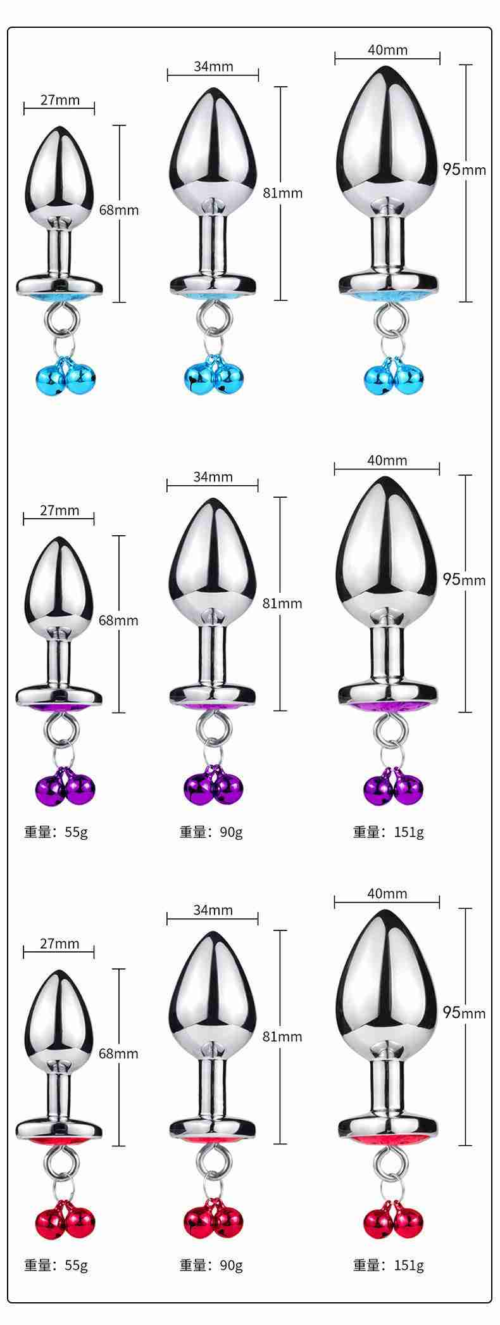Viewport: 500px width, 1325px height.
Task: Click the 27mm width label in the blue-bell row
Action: coord(59,99)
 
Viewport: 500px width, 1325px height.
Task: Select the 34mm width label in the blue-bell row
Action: coord(213,67)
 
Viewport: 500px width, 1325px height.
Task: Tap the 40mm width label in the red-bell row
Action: coord(387,894)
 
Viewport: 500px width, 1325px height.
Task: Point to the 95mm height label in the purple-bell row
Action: coord(464,580)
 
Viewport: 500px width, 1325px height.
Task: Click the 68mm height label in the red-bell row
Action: coord(118,1053)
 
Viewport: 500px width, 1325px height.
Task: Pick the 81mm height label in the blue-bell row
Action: coord(283,193)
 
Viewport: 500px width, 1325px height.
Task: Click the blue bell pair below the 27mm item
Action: coord(65,378)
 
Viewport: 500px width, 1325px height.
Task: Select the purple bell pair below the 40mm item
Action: coord(393,787)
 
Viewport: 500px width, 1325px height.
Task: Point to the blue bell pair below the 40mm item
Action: coord(393,378)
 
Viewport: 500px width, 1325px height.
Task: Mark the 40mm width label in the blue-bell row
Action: coord(387,50)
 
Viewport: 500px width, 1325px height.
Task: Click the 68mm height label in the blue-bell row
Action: coord(119,210)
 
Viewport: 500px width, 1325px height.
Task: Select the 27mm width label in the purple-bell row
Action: coord(59,510)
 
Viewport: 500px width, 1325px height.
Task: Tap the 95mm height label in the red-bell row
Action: coord(464,1013)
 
